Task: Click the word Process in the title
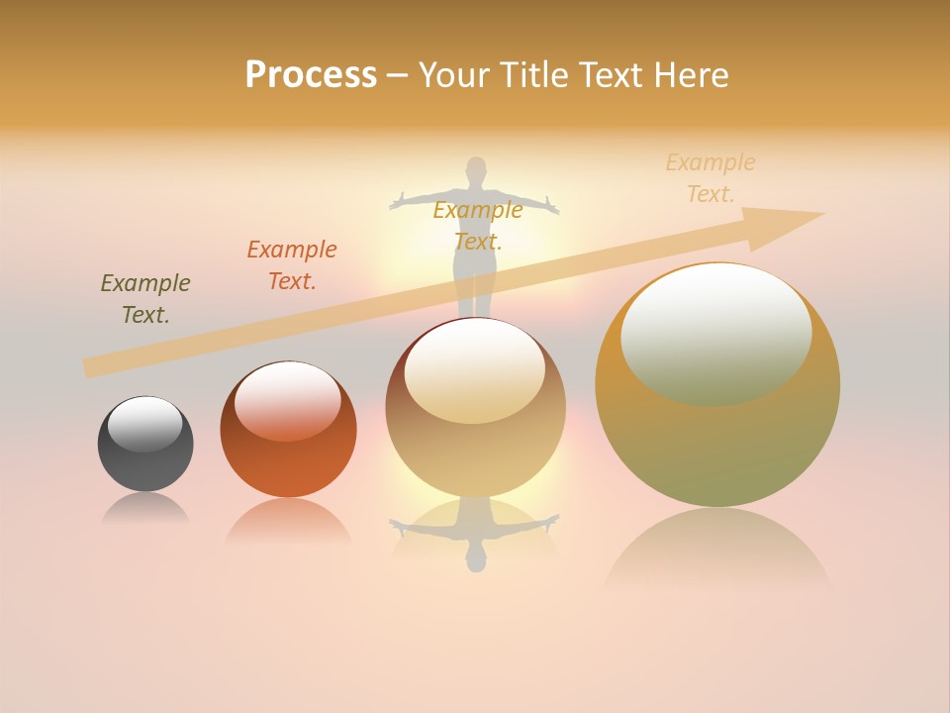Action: tap(311, 75)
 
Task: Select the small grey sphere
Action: tap(145, 444)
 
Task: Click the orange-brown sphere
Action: tap(288, 430)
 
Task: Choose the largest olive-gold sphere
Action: tap(717, 385)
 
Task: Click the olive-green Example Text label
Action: tap(144, 299)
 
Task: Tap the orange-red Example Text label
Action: tap(292, 264)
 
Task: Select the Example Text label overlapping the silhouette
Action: tap(478, 225)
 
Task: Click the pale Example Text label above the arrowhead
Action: tap(711, 178)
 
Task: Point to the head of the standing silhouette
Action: tap(477, 167)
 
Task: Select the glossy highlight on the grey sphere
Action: tap(144, 423)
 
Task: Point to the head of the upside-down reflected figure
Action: tap(477, 561)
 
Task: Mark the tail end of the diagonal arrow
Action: tap(87, 368)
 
